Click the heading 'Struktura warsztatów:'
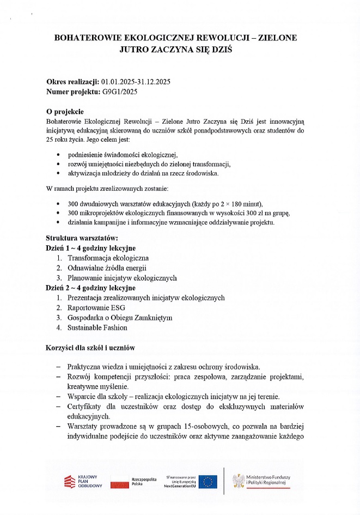coord(82,238)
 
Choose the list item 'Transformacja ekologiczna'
coord(108,258)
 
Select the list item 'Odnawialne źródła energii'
coord(107,268)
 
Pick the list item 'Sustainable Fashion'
coord(97,328)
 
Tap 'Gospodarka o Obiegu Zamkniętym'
coord(120,318)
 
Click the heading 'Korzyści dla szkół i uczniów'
coord(90,347)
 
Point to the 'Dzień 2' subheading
coord(60,288)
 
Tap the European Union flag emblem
coord(207,481)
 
